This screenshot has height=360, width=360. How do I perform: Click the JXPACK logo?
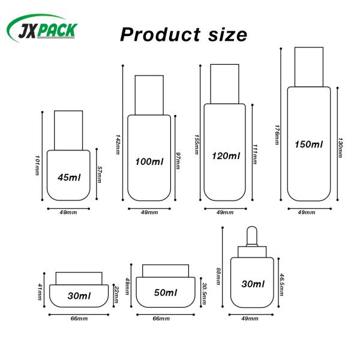[x=42, y=29]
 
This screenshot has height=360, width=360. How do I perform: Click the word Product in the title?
[x=160, y=35]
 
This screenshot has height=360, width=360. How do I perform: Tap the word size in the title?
[x=227, y=35]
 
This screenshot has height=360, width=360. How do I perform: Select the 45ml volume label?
[x=69, y=177]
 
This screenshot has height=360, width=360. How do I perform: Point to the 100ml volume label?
[x=149, y=161]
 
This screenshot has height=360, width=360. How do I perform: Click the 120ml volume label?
[x=226, y=156]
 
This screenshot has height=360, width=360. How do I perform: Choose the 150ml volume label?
[x=309, y=145]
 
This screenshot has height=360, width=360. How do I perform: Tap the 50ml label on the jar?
[x=166, y=293]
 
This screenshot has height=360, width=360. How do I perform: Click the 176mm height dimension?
[x=277, y=135]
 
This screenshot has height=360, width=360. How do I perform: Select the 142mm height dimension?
[x=118, y=145]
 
